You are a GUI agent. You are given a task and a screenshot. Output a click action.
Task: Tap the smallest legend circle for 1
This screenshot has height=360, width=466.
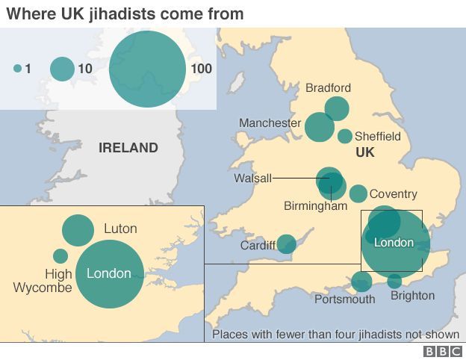(17, 69)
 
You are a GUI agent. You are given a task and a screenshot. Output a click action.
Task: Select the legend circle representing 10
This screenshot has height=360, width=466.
(62, 69)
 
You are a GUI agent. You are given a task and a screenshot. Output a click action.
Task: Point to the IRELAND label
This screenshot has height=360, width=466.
(128, 148)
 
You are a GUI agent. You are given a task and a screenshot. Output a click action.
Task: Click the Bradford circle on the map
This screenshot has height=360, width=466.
(337, 108)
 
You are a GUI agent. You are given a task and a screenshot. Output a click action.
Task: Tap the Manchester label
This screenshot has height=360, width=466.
(270, 122)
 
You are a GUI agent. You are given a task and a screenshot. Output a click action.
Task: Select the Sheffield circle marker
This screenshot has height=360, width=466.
(345, 136)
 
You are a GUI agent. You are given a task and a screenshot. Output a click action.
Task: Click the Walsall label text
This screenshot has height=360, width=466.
(252, 179)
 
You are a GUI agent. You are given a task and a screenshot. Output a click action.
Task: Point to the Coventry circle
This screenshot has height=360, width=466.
(358, 193)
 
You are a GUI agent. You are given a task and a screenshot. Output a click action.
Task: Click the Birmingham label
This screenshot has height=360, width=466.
(316, 206)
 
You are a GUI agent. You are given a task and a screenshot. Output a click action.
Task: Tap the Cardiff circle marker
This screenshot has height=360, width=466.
(287, 244)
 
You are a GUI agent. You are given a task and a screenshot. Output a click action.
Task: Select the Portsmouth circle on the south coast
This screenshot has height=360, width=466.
(362, 282)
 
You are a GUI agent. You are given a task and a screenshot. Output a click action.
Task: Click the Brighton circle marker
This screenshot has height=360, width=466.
(394, 282)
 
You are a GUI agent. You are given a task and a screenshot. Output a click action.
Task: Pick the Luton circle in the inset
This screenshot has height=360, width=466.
(78, 230)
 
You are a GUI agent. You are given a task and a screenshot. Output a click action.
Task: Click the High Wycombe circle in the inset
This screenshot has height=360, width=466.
(60, 256)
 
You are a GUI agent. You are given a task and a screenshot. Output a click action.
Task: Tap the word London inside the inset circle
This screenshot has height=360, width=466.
(109, 273)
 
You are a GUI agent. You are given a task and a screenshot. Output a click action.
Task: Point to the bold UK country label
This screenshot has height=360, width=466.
(364, 152)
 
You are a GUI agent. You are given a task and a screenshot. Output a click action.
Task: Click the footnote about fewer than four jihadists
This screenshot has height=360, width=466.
(335, 334)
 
